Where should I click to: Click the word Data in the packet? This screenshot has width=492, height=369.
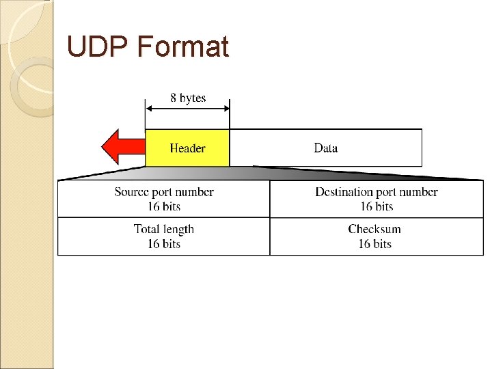point(325,148)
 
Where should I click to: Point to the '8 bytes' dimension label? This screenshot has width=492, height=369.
point(188,98)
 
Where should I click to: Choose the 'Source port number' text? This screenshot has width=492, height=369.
point(164,192)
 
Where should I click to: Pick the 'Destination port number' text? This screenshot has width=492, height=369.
point(377,192)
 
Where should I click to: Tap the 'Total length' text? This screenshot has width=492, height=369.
point(164,230)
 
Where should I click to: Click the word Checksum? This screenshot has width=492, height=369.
point(374,230)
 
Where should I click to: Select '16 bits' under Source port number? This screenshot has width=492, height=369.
point(164,206)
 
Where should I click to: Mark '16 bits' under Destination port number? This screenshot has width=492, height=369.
point(377,206)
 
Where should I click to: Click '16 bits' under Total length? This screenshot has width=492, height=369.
point(164,244)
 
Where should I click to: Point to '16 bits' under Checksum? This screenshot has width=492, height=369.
point(374,244)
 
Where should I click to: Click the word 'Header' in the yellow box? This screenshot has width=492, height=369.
point(187,148)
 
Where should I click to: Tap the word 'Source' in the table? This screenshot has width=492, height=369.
point(132,192)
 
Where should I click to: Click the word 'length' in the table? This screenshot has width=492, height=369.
point(178,230)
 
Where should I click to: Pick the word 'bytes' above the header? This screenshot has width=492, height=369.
point(193,98)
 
